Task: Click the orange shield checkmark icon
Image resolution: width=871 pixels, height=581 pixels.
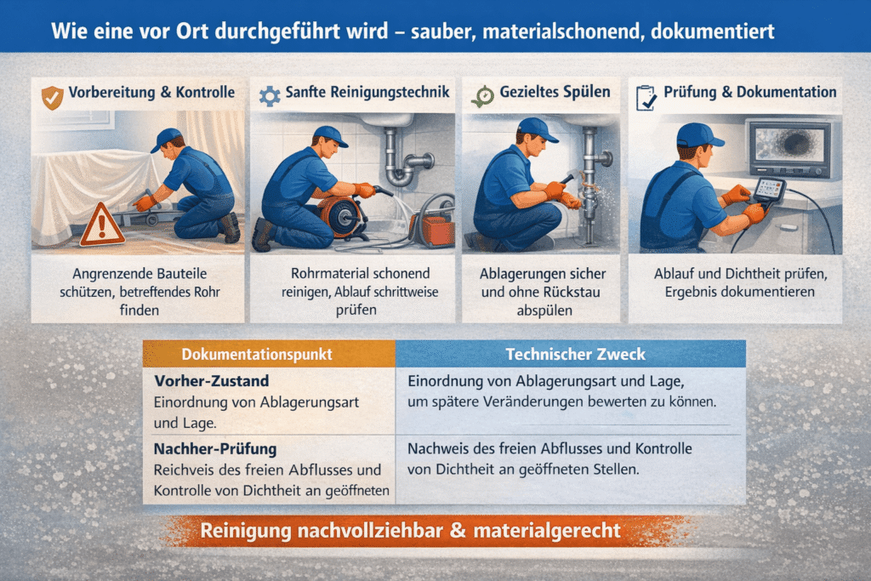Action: (52, 97)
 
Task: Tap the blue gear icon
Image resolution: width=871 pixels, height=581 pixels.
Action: (270, 96)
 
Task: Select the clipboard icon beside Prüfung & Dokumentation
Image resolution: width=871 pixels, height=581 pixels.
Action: (646, 98)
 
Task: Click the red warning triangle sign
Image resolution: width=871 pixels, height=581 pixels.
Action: (101, 224)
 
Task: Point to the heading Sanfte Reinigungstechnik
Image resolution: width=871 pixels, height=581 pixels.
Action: (367, 92)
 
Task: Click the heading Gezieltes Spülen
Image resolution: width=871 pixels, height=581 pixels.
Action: (555, 92)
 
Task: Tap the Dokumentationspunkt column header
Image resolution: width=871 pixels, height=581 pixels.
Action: (257, 355)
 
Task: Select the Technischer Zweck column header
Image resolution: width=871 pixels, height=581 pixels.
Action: (576, 355)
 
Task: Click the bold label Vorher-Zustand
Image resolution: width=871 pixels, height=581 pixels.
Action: (212, 381)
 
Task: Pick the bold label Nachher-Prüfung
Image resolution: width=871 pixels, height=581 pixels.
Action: (215, 449)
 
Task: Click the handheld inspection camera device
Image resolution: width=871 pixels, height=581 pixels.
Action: (768, 191)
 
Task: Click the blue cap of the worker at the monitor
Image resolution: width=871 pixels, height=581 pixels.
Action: (699, 134)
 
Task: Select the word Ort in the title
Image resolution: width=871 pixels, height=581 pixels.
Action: (193, 31)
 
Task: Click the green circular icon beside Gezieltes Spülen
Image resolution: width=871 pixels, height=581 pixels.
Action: (483, 97)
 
